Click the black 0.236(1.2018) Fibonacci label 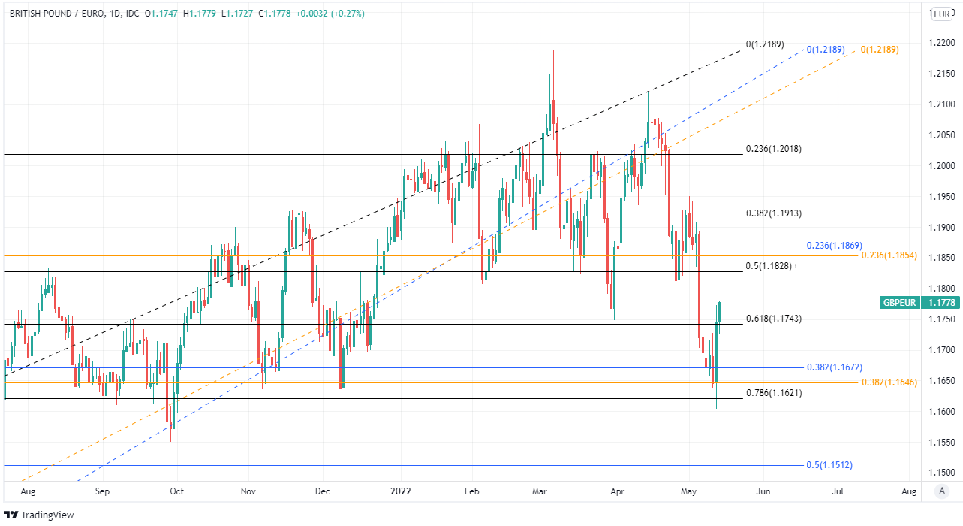[x=773, y=149]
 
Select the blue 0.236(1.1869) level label [x=834, y=246]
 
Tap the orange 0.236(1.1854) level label [x=889, y=256]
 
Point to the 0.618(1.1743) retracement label [x=773, y=319]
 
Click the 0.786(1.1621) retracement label [x=773, y=393]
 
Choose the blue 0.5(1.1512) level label [x=829, y=465]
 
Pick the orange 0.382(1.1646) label [x=889, y=382]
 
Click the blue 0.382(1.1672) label [x=834, y=367]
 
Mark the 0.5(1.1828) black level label [x=770, y=266]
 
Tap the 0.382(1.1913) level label [x=773, y=213]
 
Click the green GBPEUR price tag [x=910, y=303]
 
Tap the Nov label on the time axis [x=249, y=491]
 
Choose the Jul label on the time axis [x=836, y=491]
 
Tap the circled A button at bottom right [x=941, y=491]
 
